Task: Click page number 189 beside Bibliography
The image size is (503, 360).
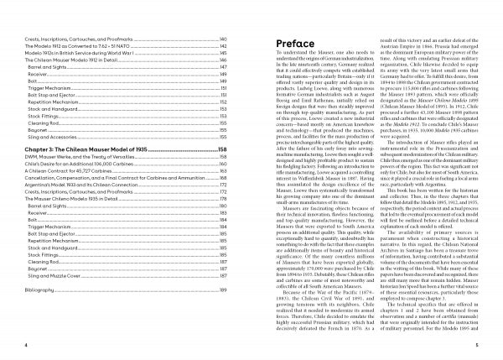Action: (x=223, y=313)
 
